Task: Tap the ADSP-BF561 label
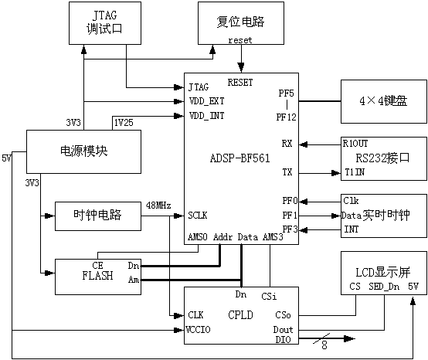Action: click(240, 158)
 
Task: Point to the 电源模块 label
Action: click(83, 151)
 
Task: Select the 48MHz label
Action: click(158, 205)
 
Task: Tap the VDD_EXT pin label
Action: click(206, 101)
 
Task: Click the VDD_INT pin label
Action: click(206, 116)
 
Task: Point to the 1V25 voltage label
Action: click(124, 123)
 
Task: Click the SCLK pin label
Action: click(197, 216)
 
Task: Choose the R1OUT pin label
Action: click(355, 144)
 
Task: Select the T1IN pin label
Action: click(355, 172)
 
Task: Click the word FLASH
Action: click(97, 276)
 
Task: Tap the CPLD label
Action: click(240, 315)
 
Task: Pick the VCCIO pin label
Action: click(198, 330)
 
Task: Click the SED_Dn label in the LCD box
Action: click(384, 287)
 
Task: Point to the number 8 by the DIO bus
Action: click(324, 345)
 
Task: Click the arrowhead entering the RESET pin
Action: click(241, 68)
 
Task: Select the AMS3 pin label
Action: click(273, 237)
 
